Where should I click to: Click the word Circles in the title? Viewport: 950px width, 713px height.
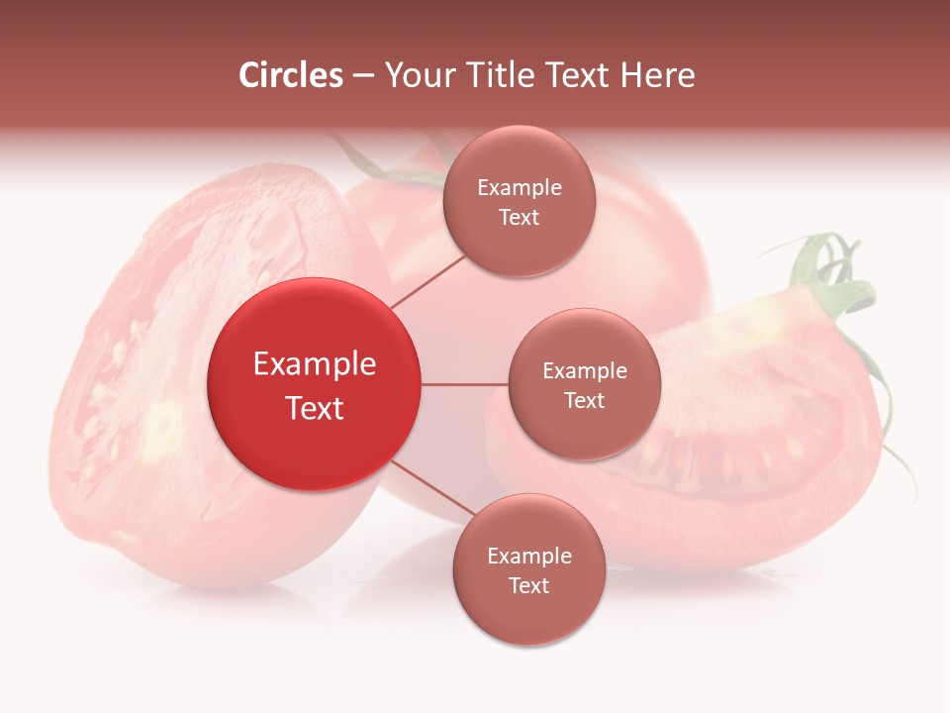pos(290,75)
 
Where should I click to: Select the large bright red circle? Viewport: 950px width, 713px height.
pos(315,384)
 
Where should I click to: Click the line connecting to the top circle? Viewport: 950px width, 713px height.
pos(427,281)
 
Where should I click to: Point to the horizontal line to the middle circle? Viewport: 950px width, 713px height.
pos(465,384)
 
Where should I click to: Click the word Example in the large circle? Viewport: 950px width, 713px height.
pos(315,364)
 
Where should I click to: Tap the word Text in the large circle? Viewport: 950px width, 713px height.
pos(315,408)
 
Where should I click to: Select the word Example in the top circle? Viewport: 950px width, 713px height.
pos(520,188)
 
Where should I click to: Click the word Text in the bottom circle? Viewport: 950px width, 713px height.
pos(528,585)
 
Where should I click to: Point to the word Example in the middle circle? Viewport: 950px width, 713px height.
pos(585,371)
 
